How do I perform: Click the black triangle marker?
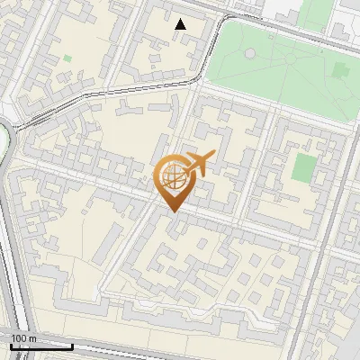pyautogui.click(x=181, y=24)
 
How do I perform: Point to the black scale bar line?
pyautogui.click(x=41, y=346)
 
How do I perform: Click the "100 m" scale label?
pyautogui.click(x=24, y=338)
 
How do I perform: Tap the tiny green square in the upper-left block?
pyautogui.click(x=67, y=59)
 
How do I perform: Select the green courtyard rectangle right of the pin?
pyautogui.click(x=306, y=168)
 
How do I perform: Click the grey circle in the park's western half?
pyautogui.click(x=249, y=54)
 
